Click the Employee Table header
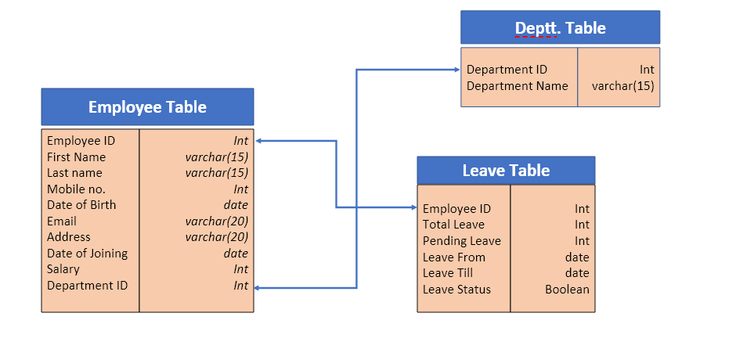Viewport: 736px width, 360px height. (147, 107)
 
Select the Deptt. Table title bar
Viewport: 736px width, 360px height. (560, 27)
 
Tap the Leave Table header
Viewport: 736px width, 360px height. (506, 171)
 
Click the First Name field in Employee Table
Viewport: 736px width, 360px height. (76, 157)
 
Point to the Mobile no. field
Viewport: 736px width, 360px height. (76, 189)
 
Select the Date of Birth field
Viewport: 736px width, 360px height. (81, 205)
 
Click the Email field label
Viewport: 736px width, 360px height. (62, 221)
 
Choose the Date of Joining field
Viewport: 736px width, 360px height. (87, 254)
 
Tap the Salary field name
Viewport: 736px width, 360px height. (63, 269)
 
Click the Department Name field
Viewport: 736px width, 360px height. (518, 86)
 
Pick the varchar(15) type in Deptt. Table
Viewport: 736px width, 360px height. (622, 86)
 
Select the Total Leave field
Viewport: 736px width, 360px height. (453, 225)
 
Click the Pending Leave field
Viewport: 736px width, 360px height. (461, 241)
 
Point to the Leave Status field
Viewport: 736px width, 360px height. (456, 290)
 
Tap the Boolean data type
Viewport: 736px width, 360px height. (567, 290)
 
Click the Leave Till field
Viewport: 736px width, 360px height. (448, 273)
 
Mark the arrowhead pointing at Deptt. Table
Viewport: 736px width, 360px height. (456, 70)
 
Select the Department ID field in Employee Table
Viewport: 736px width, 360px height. (87, 286)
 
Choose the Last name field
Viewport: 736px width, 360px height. (74, 173)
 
